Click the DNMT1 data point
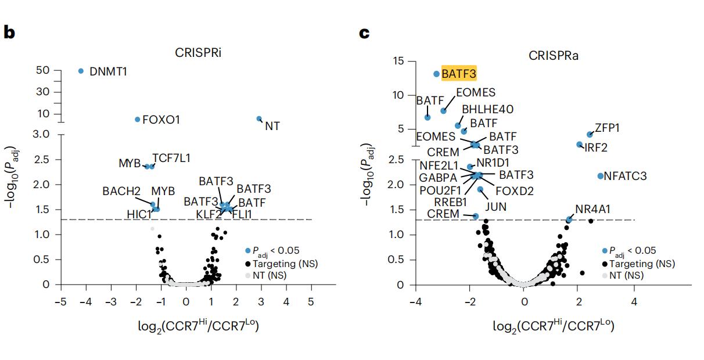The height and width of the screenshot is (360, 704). click(x=81, y=71)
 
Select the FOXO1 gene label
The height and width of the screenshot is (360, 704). click(x=161, y=120)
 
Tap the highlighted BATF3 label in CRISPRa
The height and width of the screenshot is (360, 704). click(x=459, y=74)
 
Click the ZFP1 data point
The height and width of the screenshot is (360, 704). click(x=590, y=134)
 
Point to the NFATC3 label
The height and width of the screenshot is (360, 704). click(x=626, y=175)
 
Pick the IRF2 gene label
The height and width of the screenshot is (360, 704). click(x=595, y=147)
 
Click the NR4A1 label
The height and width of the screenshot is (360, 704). click(x=592, y=209)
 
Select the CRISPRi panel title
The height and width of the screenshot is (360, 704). click(x=199, y=53)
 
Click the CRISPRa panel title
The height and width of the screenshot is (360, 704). click(x=552, y=56)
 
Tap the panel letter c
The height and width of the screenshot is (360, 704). click(x=364, y=33)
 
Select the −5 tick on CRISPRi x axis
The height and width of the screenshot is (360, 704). click(x=59, y=302)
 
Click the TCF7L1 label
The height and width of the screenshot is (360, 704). click(x=171, y=158)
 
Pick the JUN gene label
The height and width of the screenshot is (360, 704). click(x=495, y=206)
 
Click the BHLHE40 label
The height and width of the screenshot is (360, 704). click(x=487, y=109)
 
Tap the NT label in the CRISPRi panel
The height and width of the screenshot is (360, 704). click(x=272, y=125)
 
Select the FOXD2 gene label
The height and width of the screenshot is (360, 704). click(x=514, y=190)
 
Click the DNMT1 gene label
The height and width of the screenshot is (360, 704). click(x=108, y=72)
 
